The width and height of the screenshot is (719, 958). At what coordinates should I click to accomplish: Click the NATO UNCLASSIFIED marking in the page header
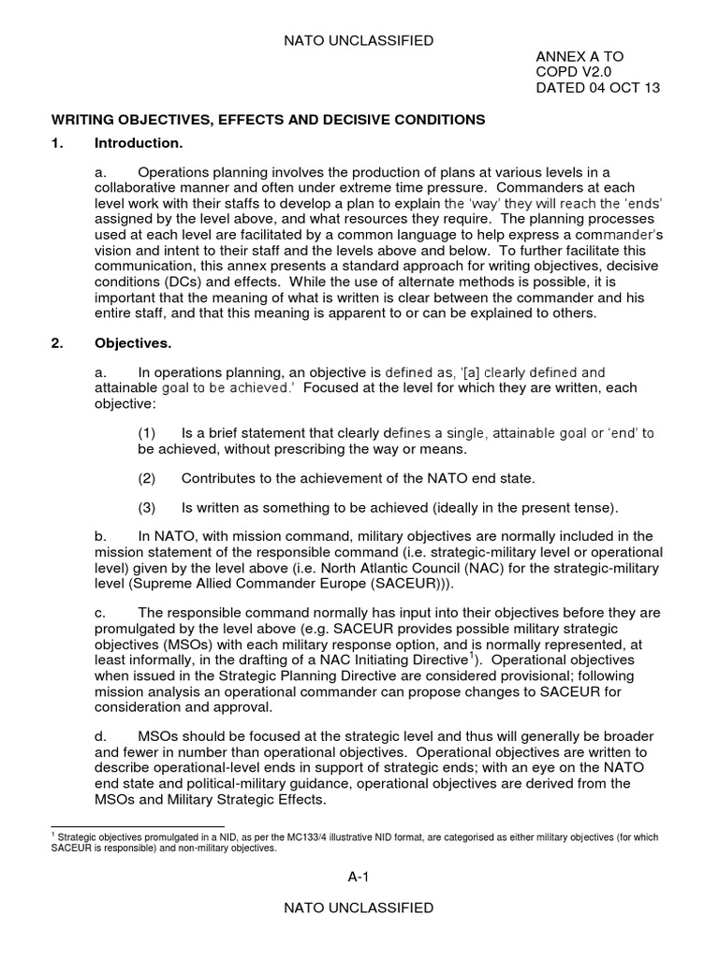359,40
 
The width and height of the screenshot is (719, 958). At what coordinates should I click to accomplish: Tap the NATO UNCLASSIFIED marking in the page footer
359,907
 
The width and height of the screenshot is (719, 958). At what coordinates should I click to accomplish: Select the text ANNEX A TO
580,57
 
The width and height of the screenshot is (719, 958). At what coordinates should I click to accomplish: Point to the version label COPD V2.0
572,72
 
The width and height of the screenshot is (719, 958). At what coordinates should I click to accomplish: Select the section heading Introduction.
139,143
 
